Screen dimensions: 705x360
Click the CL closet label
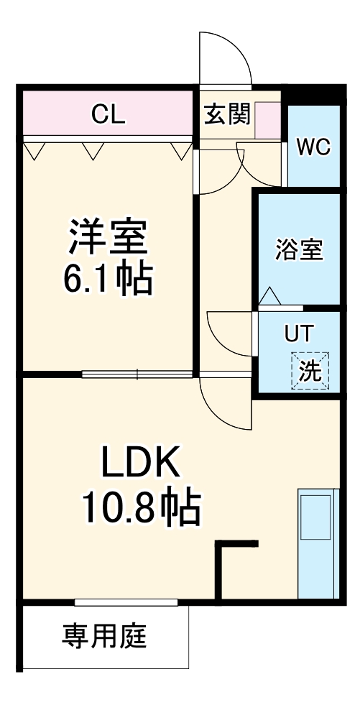tap(109, 114)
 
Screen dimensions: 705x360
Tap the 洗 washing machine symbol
tap(310, 371)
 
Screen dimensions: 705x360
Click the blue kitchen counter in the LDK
tap(318, 543)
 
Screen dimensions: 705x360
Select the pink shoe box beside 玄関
tap(267, 120)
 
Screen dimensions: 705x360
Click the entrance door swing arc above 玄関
tap(226, 57)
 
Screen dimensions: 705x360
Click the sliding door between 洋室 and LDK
tap(137, 374)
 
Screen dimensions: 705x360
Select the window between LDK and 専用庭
tap(126, 602)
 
